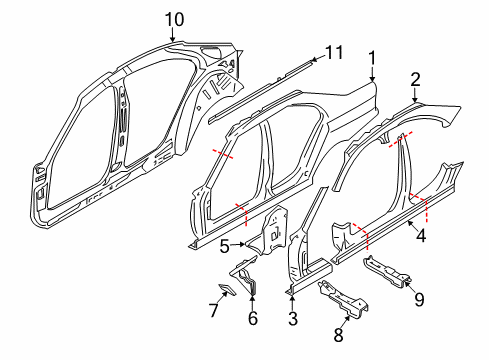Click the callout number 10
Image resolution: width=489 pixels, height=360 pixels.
[174, 18]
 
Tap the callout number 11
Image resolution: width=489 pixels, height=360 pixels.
[333, 52]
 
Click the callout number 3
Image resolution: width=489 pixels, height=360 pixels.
[291, 320]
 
